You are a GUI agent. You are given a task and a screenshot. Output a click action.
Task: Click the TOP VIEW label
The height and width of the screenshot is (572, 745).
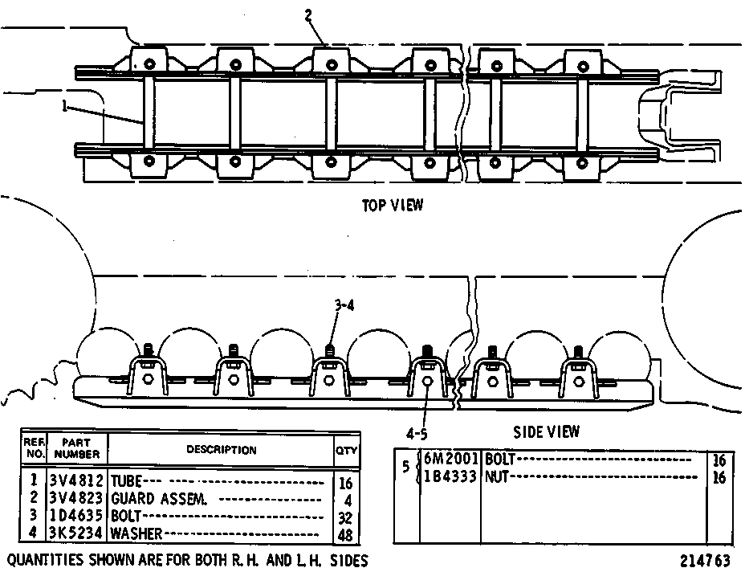pyautogui.click(x=393, y=206)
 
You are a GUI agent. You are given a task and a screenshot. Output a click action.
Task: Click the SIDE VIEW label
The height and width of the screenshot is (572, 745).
pyautogui.click(x=547, y=431)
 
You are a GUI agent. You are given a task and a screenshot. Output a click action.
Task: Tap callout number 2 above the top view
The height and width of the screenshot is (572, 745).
pyautogui.click(x=309, y=16)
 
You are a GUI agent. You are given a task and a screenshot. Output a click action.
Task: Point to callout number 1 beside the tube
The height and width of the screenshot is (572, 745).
pyautogui.click(x=64, y=107)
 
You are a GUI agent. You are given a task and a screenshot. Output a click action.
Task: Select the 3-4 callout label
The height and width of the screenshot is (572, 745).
pyautogui.click(x=344, y=305)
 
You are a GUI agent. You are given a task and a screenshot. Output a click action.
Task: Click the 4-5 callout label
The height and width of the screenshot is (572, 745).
pyautogui.click(x=417, y=434)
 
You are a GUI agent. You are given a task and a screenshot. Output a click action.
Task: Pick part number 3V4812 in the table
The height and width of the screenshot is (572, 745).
pyautogui.click(x=76, y=481)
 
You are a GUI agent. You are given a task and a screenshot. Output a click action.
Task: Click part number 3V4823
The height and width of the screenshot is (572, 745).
pyautogui.click(x=76, y=498)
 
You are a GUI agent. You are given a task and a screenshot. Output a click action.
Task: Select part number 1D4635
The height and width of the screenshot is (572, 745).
pyautogui.click(x=76, y=516)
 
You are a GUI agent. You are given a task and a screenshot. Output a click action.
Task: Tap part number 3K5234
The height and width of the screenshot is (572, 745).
pyautogui.click(x=76, y=533)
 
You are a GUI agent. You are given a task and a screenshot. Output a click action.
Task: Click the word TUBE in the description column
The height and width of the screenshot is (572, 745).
pyautogui.click(x=126, y=481)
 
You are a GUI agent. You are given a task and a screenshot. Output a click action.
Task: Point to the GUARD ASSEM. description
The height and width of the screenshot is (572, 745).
pyautogui.click(x=159, y=499)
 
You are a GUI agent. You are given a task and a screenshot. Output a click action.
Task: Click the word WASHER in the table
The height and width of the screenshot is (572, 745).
pyautogui.click(x=136, y=533)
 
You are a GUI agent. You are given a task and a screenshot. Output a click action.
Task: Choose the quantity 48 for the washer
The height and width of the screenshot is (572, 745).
pyautogui.click(x=345, y=535)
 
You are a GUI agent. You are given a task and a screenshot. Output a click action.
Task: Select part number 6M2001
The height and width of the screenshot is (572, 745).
pyautogui.click(x=450, y=459)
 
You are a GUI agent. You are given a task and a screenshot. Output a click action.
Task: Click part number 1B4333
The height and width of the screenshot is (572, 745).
pyautogui.click(x=450, y=476)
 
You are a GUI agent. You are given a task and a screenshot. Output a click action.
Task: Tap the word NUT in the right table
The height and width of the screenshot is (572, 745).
pyautogui.click(x=496, y=476)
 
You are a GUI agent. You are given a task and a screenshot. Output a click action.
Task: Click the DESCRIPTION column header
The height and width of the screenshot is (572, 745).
pyautogui.click(x=221, y=450)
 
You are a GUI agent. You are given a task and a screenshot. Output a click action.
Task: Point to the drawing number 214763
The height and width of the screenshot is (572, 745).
pyautogui.click(x=705, y=560)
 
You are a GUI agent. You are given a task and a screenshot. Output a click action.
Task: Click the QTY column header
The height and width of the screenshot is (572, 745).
pyautogui.click(x=346, y=450)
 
